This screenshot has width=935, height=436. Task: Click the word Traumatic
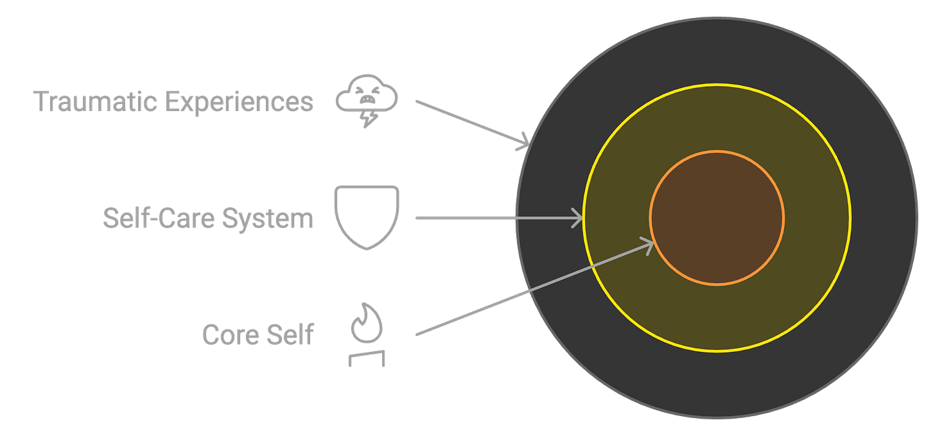(94, 102)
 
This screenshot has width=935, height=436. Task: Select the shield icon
(366, 216)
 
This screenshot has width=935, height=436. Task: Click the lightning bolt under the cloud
(368, 120)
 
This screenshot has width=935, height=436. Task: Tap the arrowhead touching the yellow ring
(576, 218)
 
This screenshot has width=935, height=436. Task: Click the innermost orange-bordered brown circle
(717, 218)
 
